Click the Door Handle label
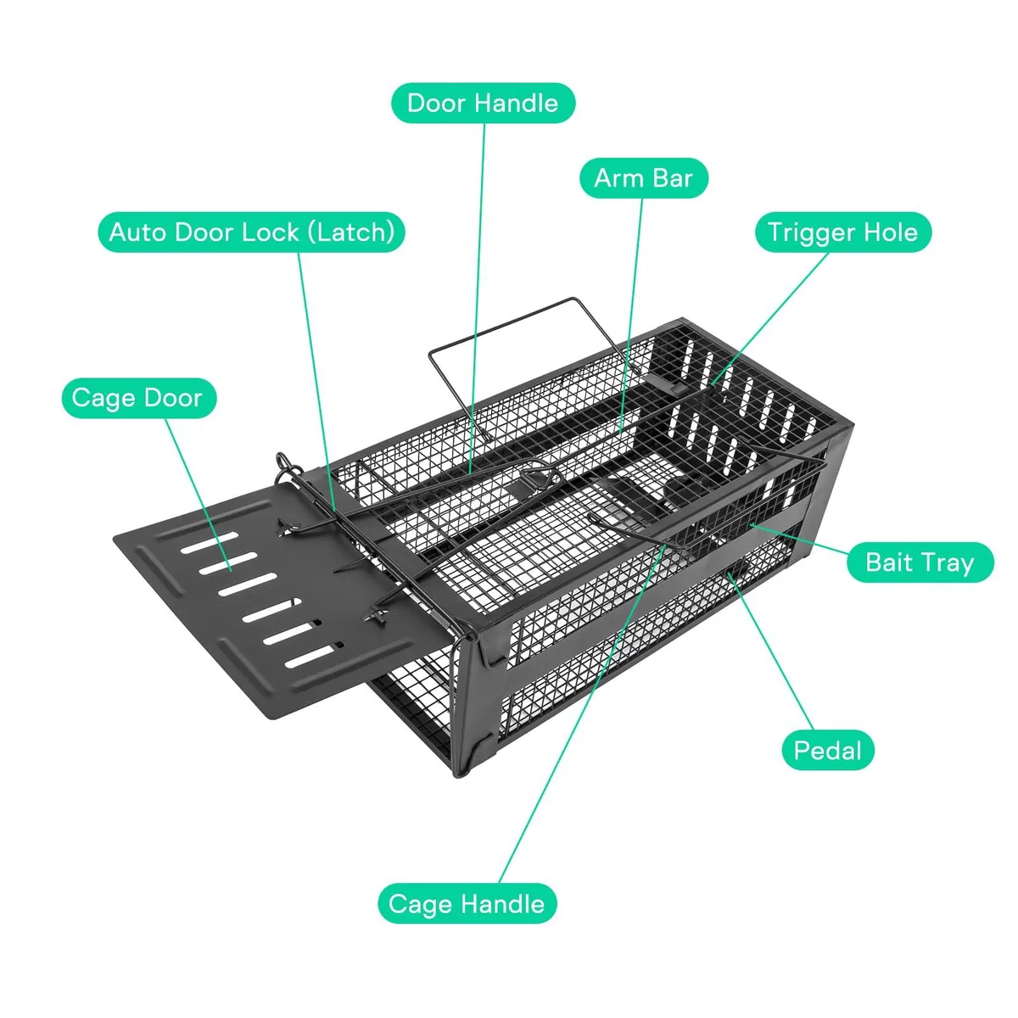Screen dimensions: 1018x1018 click(483, 103)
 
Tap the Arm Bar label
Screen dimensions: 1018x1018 click(643, 178)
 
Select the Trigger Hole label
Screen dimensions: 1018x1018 click(843, 232)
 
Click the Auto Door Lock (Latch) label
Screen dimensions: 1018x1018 click(251, 232)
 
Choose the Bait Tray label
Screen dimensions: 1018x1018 click(920, 562)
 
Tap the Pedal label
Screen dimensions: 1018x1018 click(828, 751)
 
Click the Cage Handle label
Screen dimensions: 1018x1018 click(467, 903)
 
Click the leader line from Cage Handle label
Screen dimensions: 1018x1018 click(582, 714)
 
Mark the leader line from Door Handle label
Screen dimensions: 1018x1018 click(477, 298)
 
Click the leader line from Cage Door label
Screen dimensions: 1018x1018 click(199, 495)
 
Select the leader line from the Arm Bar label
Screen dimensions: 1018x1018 click(632, 316)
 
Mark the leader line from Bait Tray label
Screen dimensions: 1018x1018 click(798, 539)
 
